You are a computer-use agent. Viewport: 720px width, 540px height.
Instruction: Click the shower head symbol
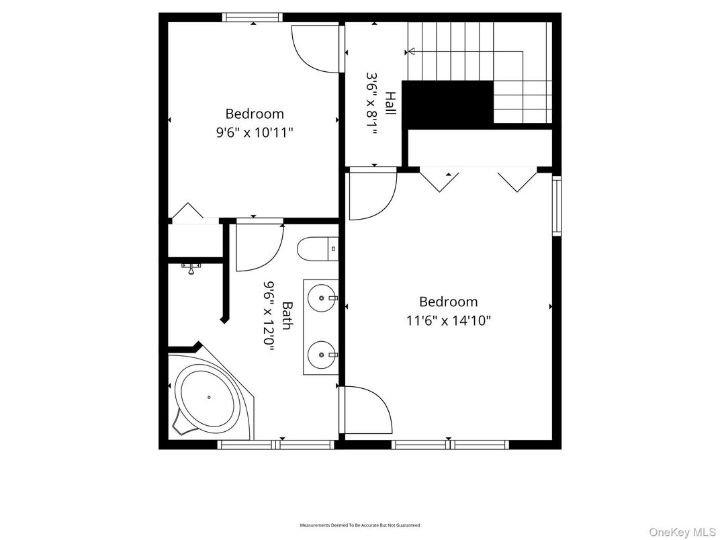point(191,268)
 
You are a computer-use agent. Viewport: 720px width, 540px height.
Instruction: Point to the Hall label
point(390,103)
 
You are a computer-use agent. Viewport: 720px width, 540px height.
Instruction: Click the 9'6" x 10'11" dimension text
point(254,132)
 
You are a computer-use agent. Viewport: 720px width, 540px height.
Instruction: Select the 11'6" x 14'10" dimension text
point(448,320)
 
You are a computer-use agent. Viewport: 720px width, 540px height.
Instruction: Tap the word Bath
point(287,316)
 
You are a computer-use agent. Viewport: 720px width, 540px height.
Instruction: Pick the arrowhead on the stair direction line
point(411,51)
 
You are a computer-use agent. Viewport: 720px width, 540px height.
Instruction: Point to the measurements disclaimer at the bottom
point(359,525)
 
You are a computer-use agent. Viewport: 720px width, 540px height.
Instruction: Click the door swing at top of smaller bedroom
point(314,49)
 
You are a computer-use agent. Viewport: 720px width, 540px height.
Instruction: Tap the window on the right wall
point(556,206)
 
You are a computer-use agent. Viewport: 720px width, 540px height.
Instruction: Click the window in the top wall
point(253,17)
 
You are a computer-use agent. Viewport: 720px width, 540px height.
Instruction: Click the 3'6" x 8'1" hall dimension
point(371,103)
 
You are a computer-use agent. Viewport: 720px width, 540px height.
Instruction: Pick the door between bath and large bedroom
point(366,410)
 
